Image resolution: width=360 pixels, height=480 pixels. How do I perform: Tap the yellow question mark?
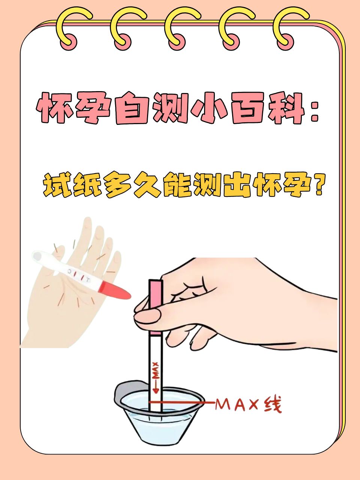[x=318, y=184]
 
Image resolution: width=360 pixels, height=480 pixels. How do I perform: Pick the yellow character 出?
[x=237, y=185]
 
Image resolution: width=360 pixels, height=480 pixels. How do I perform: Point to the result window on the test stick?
[x=79, y=275]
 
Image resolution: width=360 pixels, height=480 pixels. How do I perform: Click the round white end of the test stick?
[x=37, y=257]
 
